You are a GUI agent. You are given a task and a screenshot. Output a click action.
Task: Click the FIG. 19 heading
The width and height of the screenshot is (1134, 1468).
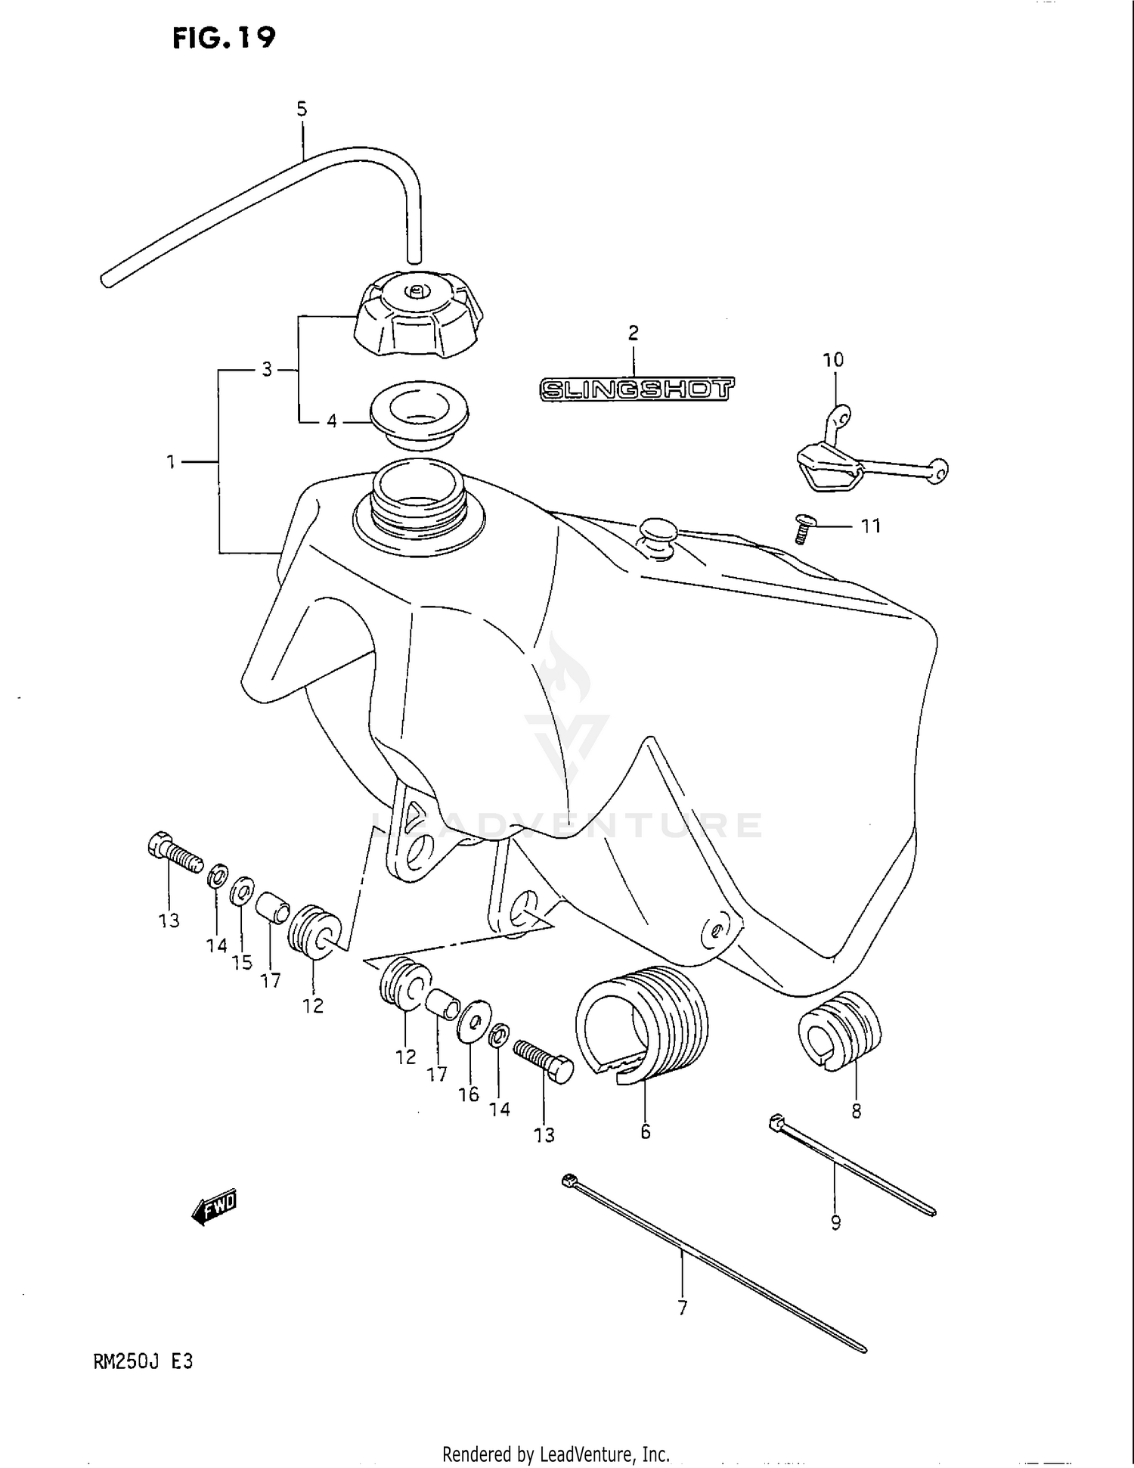click(x=224, y=38)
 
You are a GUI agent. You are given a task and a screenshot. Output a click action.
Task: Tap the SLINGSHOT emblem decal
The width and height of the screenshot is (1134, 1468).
click(x=637, y=390)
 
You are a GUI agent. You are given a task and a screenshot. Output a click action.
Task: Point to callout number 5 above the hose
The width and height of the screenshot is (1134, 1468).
click(x=302, y=110)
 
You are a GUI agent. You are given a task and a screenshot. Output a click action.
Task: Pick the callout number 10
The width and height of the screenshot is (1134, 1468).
click(x=833, y=360)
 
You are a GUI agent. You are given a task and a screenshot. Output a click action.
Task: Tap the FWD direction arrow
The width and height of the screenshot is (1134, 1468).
click(x=215, y=1208)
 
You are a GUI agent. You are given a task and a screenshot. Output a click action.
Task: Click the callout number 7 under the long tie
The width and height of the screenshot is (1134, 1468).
click(x=683, y=1308)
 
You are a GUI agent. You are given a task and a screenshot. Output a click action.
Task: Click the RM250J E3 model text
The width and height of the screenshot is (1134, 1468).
click(x=143, y=1361)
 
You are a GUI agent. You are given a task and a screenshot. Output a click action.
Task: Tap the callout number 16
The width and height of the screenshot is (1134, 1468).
click(x=469, y=1094)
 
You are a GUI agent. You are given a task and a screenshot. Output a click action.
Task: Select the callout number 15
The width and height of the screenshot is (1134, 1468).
click(x=242, y=963)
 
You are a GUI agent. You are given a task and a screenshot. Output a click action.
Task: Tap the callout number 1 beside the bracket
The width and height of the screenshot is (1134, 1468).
click(x=171, y=461)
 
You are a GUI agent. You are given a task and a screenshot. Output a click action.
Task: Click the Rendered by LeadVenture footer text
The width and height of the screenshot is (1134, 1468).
click(x=556, y=1454)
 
